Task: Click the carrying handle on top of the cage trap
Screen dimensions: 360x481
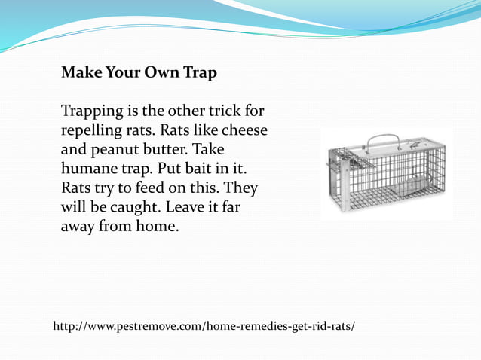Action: [x=383, y=141]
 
